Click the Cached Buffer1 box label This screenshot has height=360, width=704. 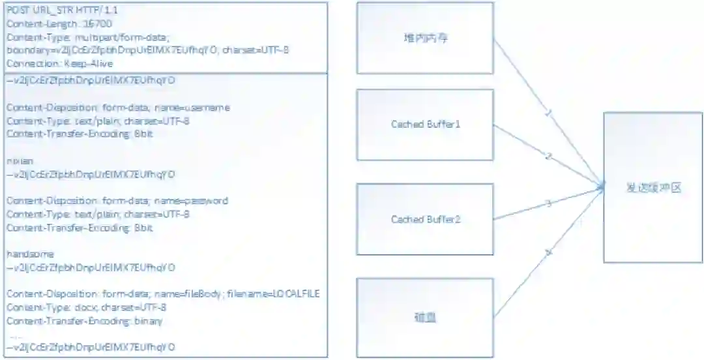(x=425, y=124)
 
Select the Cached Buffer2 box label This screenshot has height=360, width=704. (x=425, y=219)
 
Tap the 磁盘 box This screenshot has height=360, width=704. (x=425, y=318)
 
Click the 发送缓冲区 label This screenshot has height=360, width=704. (x=653, y=188)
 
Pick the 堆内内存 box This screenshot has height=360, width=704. (x=425, y=38)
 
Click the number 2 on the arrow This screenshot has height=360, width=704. (x=549, y=157)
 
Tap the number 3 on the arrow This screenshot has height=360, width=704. (x=549, y=203)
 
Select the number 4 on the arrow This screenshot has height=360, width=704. (x=549, y=252)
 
